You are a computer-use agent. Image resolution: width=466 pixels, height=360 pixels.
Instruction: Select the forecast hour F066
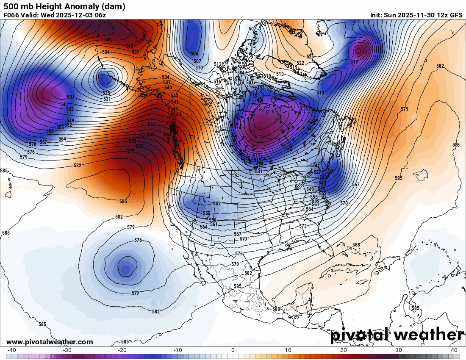[x=12, y=15]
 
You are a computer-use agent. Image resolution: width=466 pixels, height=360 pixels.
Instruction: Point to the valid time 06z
[x=100, y=15]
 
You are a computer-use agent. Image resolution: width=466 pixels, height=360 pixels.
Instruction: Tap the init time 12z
[x=442, y=15]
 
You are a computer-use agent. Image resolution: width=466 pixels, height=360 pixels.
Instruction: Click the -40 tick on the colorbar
[x=12, y=350]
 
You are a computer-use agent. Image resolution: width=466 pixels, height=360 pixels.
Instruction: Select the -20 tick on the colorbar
[x=122, y=350]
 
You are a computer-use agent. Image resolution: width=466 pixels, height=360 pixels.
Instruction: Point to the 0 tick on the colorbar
[x=233, y=350]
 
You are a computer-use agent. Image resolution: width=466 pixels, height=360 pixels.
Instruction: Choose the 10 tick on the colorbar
[x=288, y=350]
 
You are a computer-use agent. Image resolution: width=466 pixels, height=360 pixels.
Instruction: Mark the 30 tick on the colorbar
[x=399, y=350]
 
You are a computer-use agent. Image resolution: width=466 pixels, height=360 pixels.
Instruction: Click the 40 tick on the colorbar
[x=454, y=350]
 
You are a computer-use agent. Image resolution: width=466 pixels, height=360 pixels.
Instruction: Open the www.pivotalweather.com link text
[x=50, y=342]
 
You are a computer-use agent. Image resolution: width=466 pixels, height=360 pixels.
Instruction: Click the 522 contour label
[x=300, y=63]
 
